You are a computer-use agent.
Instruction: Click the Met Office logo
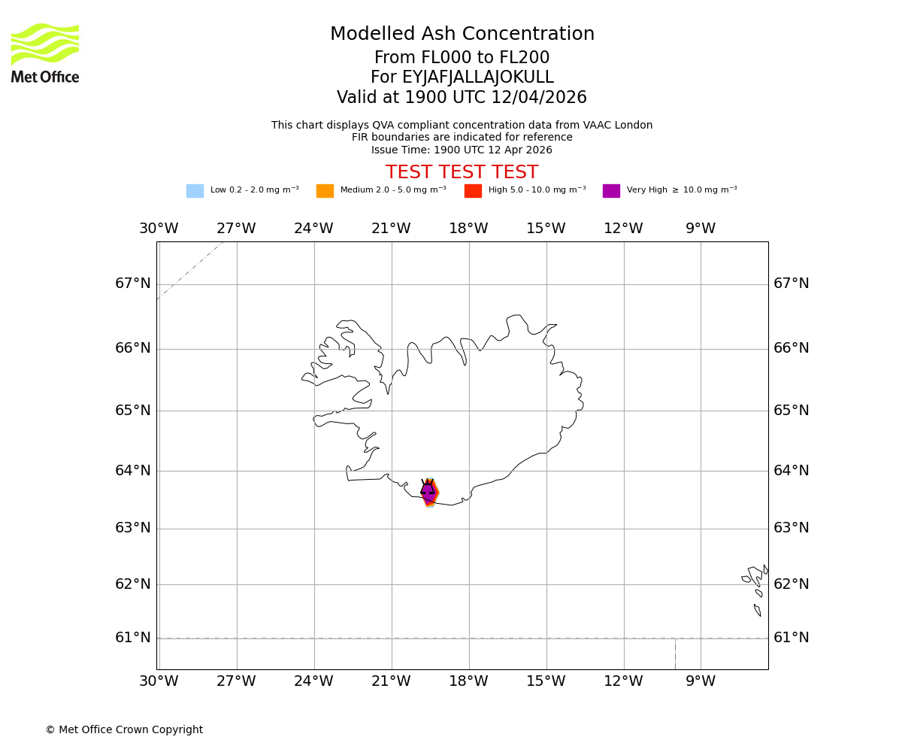[45, 53]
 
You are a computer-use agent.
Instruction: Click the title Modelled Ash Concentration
[462, 35]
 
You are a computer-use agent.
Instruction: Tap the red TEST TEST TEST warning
[462, 173]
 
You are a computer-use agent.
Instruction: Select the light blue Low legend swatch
[195, 191]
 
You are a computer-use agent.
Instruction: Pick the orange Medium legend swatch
[325, 191]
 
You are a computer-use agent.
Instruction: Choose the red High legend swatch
[473, 191]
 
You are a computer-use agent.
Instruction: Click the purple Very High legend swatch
[611, 191]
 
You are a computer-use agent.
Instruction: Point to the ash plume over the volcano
[428, 493]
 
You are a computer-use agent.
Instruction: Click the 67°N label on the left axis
[133, 284]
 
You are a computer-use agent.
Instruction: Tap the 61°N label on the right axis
[792, 638]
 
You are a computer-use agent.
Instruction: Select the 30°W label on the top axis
[159, 229]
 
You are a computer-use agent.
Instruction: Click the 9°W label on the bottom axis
[701, 681]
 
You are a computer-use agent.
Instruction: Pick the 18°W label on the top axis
[468, 229]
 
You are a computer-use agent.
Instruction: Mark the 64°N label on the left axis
[133, 471]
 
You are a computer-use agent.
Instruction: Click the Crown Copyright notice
[124, 730]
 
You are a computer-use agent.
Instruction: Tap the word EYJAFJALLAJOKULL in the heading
[478, 77]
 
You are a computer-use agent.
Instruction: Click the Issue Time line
[462, 150]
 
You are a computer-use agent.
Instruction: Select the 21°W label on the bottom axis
[391, 681]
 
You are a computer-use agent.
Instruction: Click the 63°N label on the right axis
[792, 528]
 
